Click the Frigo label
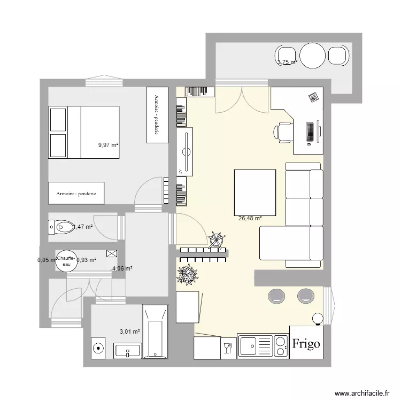[x=306, y=343]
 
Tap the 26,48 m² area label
[x=250, y=218]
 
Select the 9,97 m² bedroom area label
[x=108, y=144]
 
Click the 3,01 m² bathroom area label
[x=130, y=331]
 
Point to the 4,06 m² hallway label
[x=122, y=269]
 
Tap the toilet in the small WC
[x=62, y=227]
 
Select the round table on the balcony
[x=313, y=55]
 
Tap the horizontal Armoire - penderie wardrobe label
[x=76, y=194]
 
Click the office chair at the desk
[x=283, y=131]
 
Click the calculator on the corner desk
[x=313, y=97]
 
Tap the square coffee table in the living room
[x=255, y=191]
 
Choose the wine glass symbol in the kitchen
[x=227, y=348]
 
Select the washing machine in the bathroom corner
[x=98, y=349]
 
